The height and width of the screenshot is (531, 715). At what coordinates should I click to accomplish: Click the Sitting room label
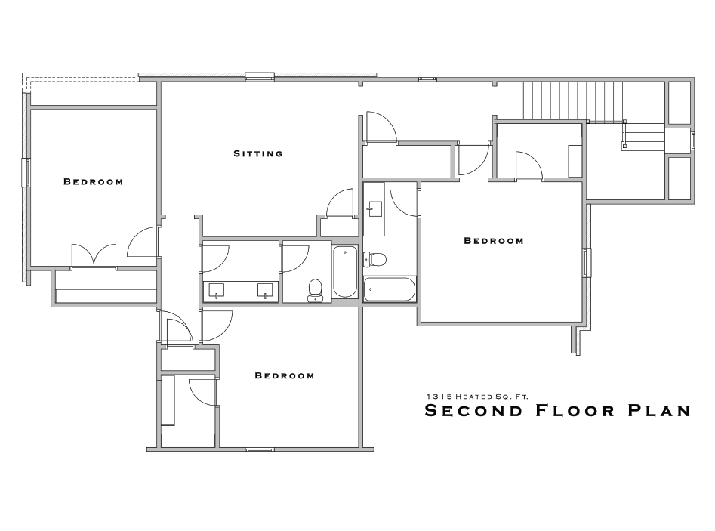click(x=257, y=153)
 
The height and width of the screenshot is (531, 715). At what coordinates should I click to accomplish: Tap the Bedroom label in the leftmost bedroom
click(x=93, y=181)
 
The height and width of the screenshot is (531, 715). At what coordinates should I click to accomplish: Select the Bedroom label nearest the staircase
click(x=493, y=241)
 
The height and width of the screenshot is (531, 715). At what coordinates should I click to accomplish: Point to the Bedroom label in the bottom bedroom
click(x=284, y=375)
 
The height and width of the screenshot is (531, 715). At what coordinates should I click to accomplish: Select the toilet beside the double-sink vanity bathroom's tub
click(x=316, y=290)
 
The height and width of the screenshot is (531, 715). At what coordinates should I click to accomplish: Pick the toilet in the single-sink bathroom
click(x=375, y=260)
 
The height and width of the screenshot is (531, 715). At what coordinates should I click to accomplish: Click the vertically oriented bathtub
click(x=344, y=273)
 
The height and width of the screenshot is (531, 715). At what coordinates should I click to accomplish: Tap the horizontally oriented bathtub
click(x=389, y=289)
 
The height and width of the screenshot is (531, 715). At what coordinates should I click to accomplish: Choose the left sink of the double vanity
click(x=217, y=289)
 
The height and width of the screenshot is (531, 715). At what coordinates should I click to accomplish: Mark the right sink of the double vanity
click(x=264, y=289)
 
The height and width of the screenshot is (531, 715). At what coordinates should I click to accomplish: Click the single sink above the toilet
click(x=374, y=208)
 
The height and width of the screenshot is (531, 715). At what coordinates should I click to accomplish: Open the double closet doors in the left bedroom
click(x=94, y=255)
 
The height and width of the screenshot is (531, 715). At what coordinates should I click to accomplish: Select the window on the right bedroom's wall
click(x=587, y=263)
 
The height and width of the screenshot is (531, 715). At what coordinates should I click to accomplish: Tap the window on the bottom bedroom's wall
click(x=259, y=449)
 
